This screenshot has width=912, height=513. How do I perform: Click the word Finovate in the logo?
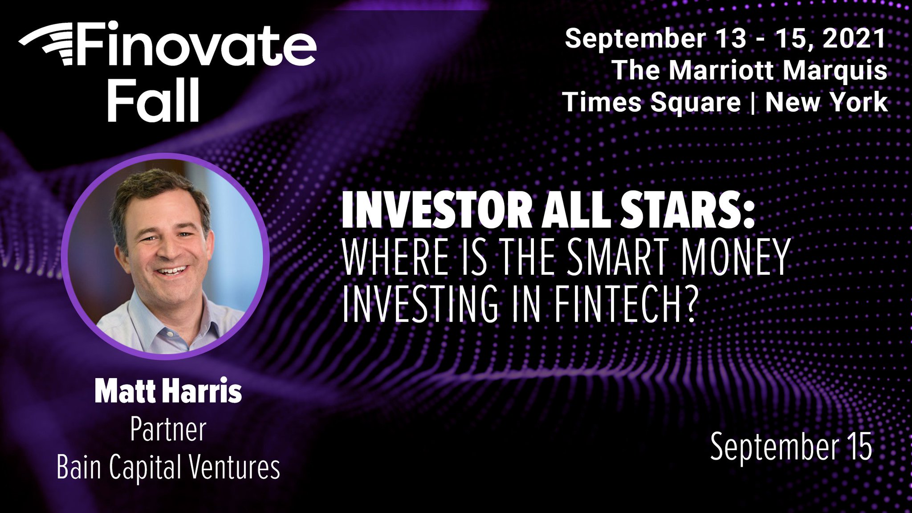coord(196,45)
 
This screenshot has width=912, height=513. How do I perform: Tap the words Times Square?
coord(651,102)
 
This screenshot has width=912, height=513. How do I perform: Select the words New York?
coord(826,102)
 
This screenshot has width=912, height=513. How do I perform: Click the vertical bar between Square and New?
coord(753,102)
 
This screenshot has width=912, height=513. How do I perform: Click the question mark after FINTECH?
coord(688,304)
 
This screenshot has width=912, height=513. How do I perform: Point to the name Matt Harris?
coord(168,391)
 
